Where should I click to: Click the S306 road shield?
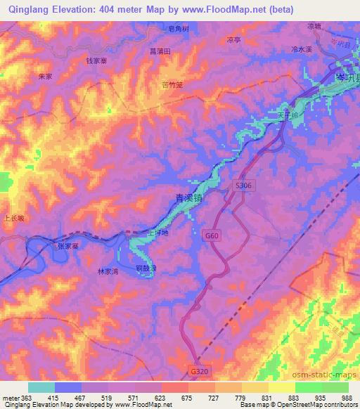[243, 185]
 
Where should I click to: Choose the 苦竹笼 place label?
[172, 83]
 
